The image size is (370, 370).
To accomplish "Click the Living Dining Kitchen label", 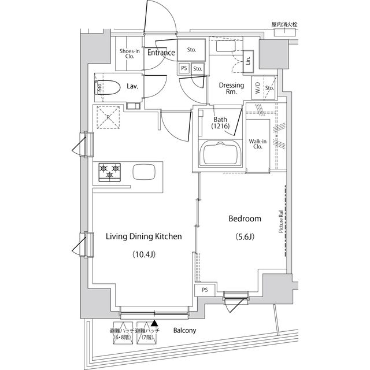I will [143, 236].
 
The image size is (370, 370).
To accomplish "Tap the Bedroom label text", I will [245, 219].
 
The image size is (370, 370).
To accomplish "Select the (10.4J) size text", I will [143, 254].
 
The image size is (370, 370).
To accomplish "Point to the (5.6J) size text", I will [245, 236].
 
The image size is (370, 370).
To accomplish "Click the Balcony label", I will [184, 331].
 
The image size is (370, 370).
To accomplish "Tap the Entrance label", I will [160, 53].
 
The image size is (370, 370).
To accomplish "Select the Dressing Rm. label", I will [231, 88].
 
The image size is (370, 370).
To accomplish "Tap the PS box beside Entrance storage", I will [184, 68].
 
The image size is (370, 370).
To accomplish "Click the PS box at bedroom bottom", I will [205, 290].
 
